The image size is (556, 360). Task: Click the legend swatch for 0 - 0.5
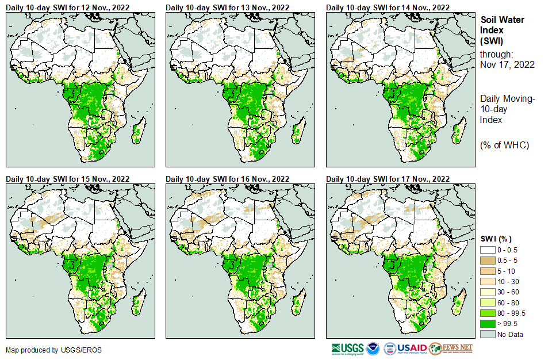click(x=488, y=250)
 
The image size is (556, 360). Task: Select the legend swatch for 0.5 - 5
click(x=488, y=261)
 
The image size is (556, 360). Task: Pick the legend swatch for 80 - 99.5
click(x=488, y=313)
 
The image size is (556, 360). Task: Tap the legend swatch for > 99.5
click(x=488, y=323)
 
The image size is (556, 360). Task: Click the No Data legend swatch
click(x=488, y=334)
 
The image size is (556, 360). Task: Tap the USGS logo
click(x=347, y=348)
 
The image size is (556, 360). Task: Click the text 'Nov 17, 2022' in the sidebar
click(x=507, y=64)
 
